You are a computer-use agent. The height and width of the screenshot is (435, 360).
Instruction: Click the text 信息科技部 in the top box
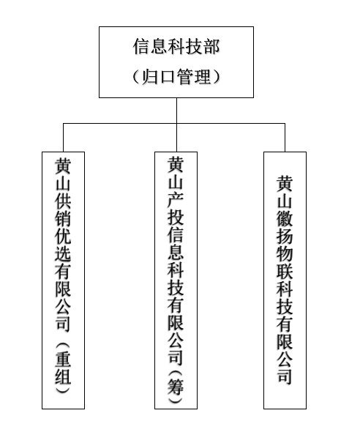coord(176,46)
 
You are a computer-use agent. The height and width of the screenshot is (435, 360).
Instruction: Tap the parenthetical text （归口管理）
coord(176,77)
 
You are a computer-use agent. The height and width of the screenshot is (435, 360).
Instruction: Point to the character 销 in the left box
coord(63,218)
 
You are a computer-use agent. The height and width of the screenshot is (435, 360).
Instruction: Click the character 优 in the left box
coord(63,236)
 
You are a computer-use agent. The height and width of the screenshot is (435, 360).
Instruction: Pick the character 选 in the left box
coord(63,253)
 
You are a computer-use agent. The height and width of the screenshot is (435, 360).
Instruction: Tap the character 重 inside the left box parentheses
coord(63,358)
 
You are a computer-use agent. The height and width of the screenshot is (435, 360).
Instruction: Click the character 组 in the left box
coord(63,376)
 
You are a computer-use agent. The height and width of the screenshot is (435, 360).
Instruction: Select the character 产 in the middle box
coord(176,199)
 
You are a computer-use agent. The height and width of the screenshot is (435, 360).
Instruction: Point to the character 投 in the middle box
coord(176,217)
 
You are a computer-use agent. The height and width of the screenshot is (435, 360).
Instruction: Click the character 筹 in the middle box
coord(176,387)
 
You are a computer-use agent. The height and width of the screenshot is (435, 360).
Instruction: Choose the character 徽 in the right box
coord(285,218)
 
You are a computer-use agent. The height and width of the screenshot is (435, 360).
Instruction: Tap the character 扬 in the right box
coord(285,236)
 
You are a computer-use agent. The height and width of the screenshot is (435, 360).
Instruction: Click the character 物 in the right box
coord(285,253)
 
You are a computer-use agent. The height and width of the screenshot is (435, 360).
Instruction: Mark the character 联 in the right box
coord(285,271)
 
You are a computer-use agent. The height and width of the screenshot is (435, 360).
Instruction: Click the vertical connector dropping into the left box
coord(63,138)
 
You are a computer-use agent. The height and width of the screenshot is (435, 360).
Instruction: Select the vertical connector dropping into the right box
coord(285,138)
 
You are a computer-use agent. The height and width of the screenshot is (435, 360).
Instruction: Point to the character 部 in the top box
coord(211,46)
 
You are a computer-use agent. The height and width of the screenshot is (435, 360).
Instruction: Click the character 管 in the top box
coord(185,77)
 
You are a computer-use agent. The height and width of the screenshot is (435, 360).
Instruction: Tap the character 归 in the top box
coord(150,77)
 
